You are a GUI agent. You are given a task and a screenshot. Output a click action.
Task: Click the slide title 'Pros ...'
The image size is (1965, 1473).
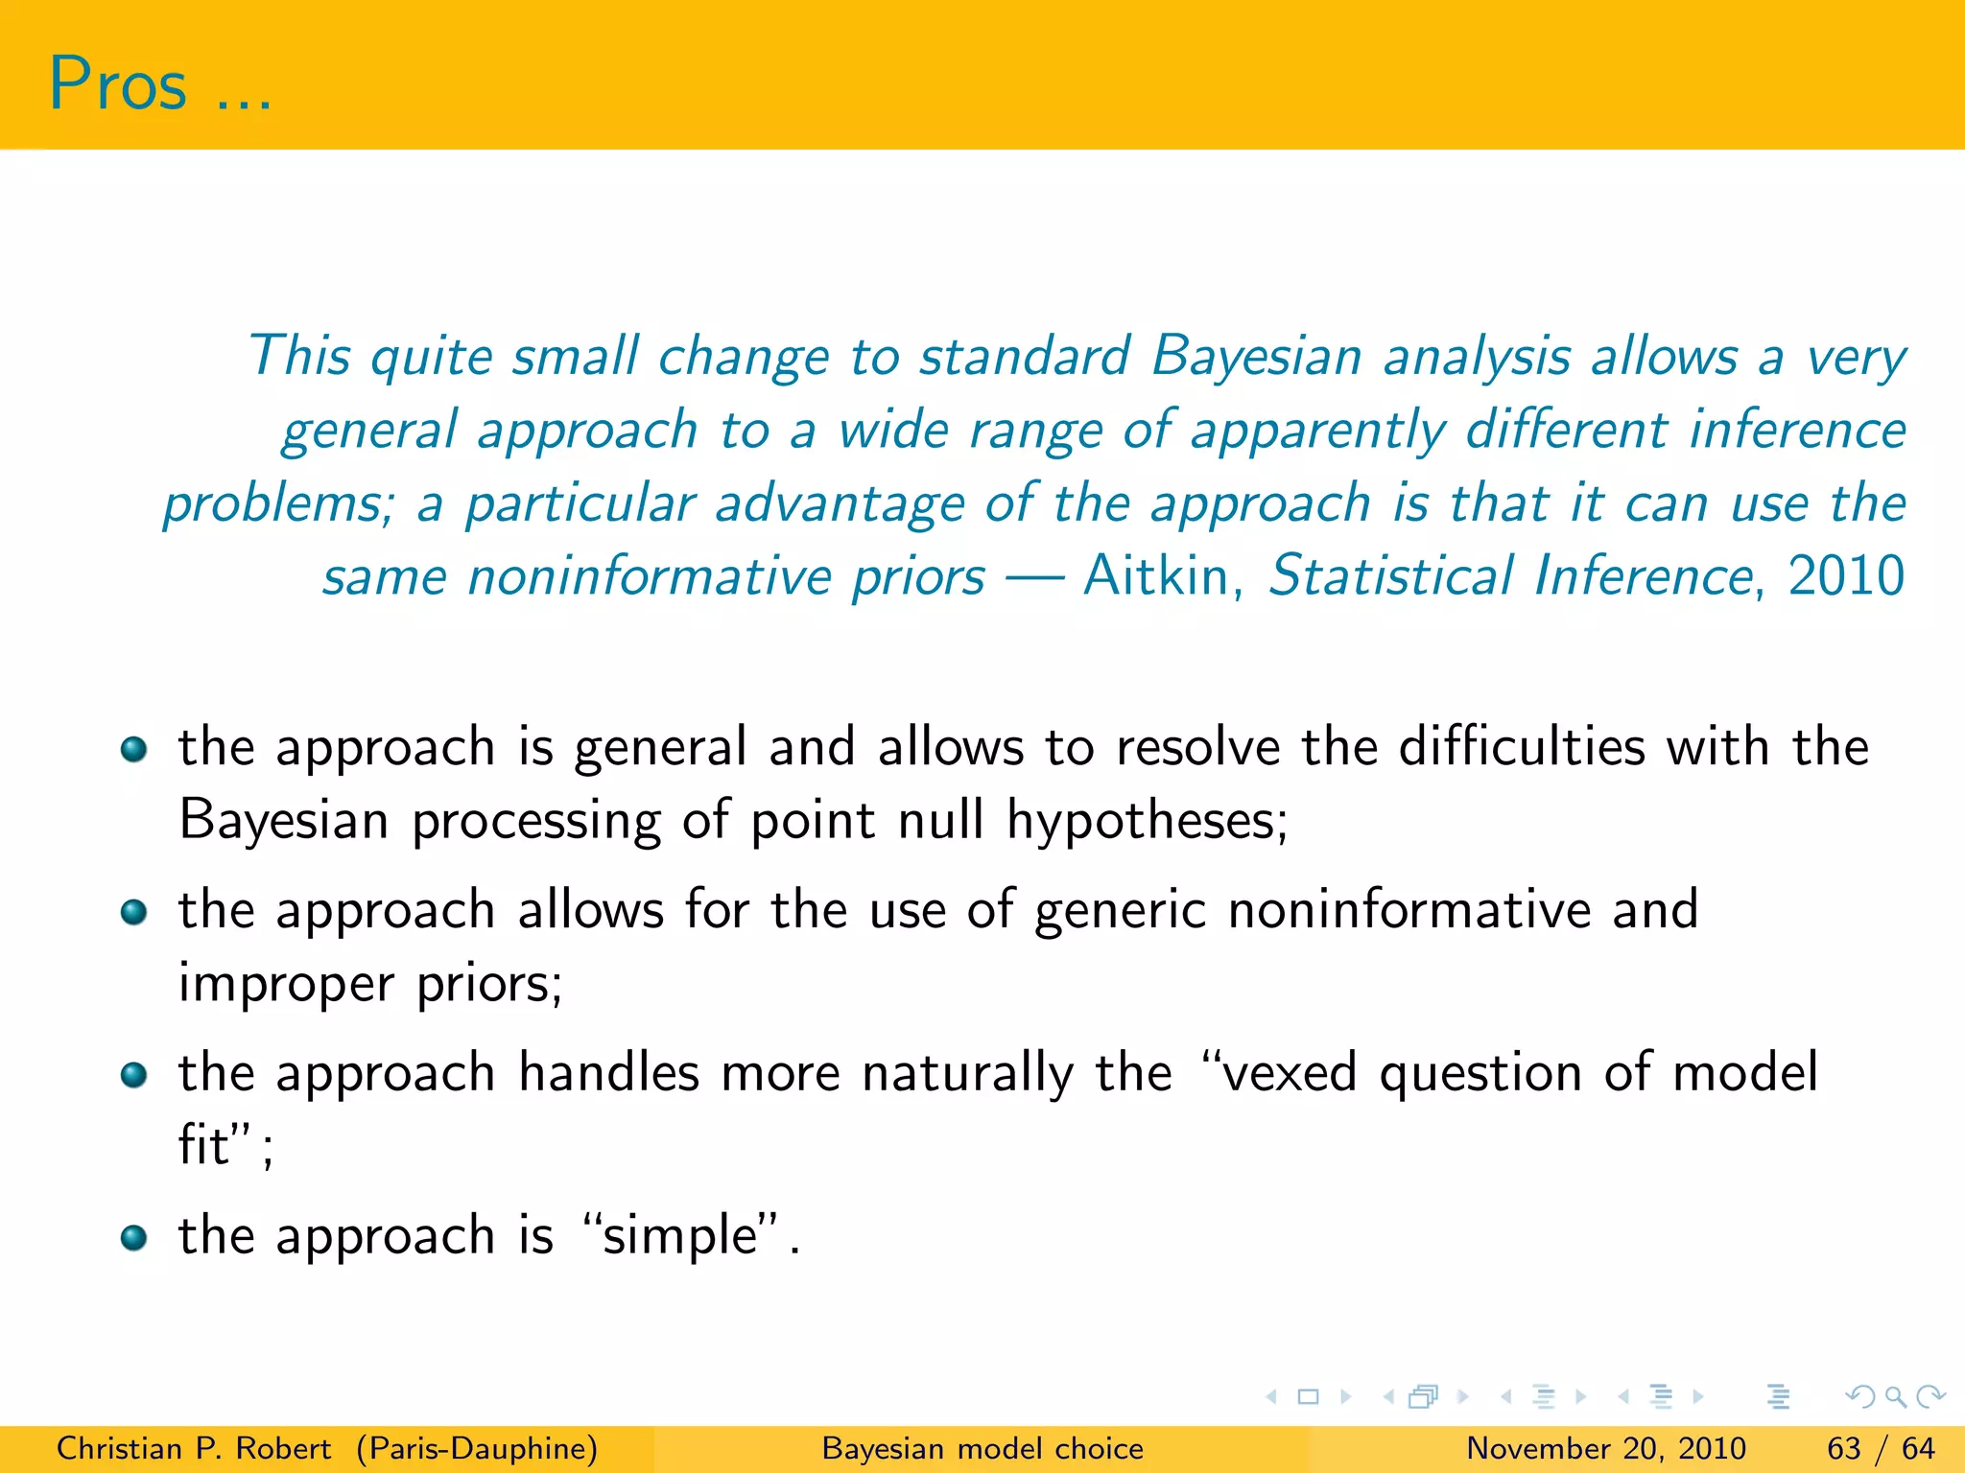click(x=159, y=84)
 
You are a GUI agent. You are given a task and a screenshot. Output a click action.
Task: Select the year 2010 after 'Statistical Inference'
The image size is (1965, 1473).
click(x=1846, y=576)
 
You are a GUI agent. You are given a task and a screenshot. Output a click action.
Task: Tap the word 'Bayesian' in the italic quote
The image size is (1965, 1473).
click(x=1256, y=357)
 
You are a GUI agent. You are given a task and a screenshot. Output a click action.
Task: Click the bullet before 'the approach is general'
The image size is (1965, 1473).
click(x=133, y=748)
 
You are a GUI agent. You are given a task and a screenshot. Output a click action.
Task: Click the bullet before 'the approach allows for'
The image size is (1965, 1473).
click(x=133, y=911)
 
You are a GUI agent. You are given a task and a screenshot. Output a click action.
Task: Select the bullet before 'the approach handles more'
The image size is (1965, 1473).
click(x=133, y=1074)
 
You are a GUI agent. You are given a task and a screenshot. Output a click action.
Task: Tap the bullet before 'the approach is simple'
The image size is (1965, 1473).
click(x=133, y=1237)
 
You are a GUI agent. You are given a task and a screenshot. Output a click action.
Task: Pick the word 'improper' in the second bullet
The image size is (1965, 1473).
click(x=286, y=985)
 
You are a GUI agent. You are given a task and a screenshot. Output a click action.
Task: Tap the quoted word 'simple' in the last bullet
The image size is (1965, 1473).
click(x=680, y=1235)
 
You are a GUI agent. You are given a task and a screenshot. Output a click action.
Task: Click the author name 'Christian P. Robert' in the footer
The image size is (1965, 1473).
click(x=193, y=1448)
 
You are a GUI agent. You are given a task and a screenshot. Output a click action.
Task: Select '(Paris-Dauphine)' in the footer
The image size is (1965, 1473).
click(x=477, y=1448)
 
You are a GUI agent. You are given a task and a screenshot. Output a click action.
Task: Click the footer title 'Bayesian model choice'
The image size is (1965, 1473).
click(x=982, y=1448)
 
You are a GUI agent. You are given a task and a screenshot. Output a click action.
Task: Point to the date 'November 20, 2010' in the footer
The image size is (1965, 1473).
click(x=1605, y=1448)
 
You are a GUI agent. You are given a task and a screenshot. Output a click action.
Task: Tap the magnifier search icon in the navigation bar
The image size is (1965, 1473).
click(x=1894, y=1396)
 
